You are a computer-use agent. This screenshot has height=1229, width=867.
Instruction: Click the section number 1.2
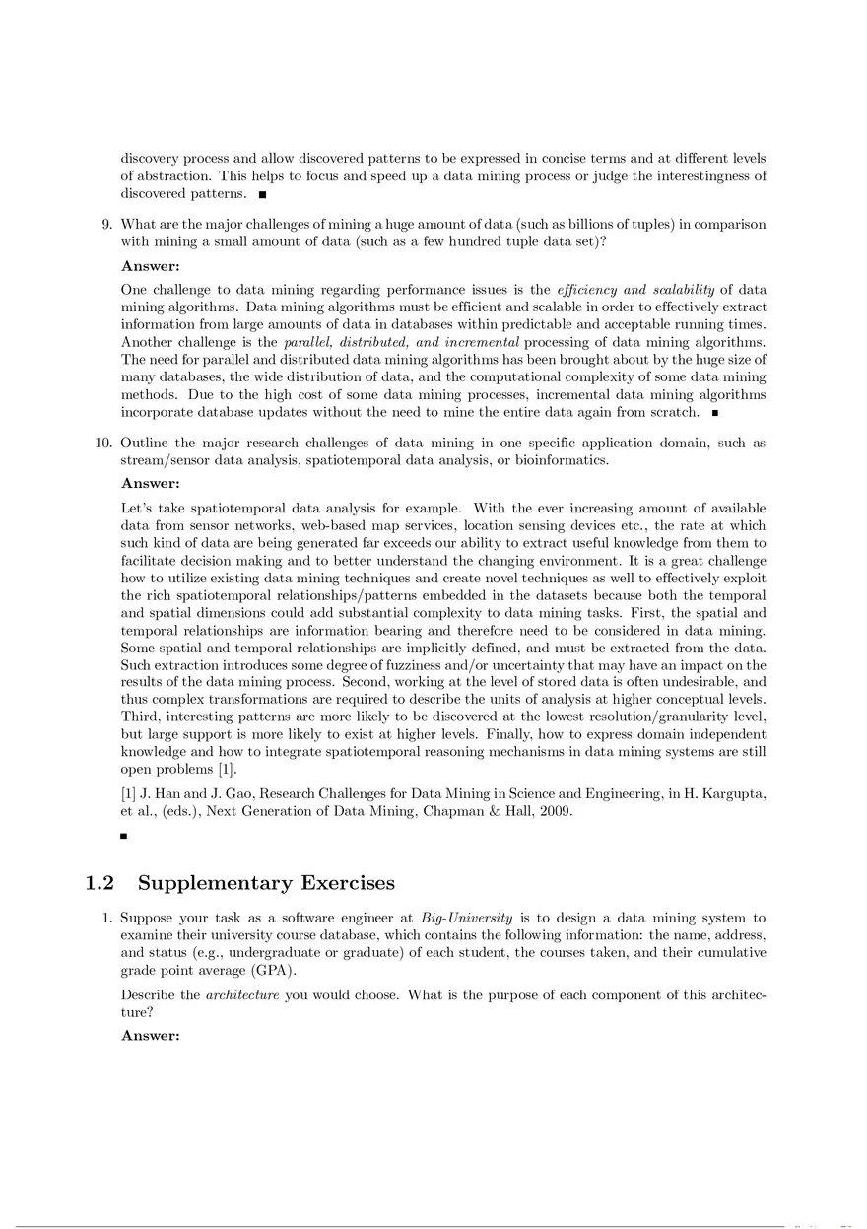(101, 882)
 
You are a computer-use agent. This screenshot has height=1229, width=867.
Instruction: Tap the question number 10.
(102, 443)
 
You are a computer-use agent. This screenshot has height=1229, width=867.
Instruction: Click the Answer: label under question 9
(150, 265)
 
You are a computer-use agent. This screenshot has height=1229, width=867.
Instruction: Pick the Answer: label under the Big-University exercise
(150, 1035)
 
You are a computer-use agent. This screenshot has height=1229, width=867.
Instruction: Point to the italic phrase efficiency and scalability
(636, 290)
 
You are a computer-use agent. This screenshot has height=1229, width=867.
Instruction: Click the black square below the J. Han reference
(124, 837)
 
